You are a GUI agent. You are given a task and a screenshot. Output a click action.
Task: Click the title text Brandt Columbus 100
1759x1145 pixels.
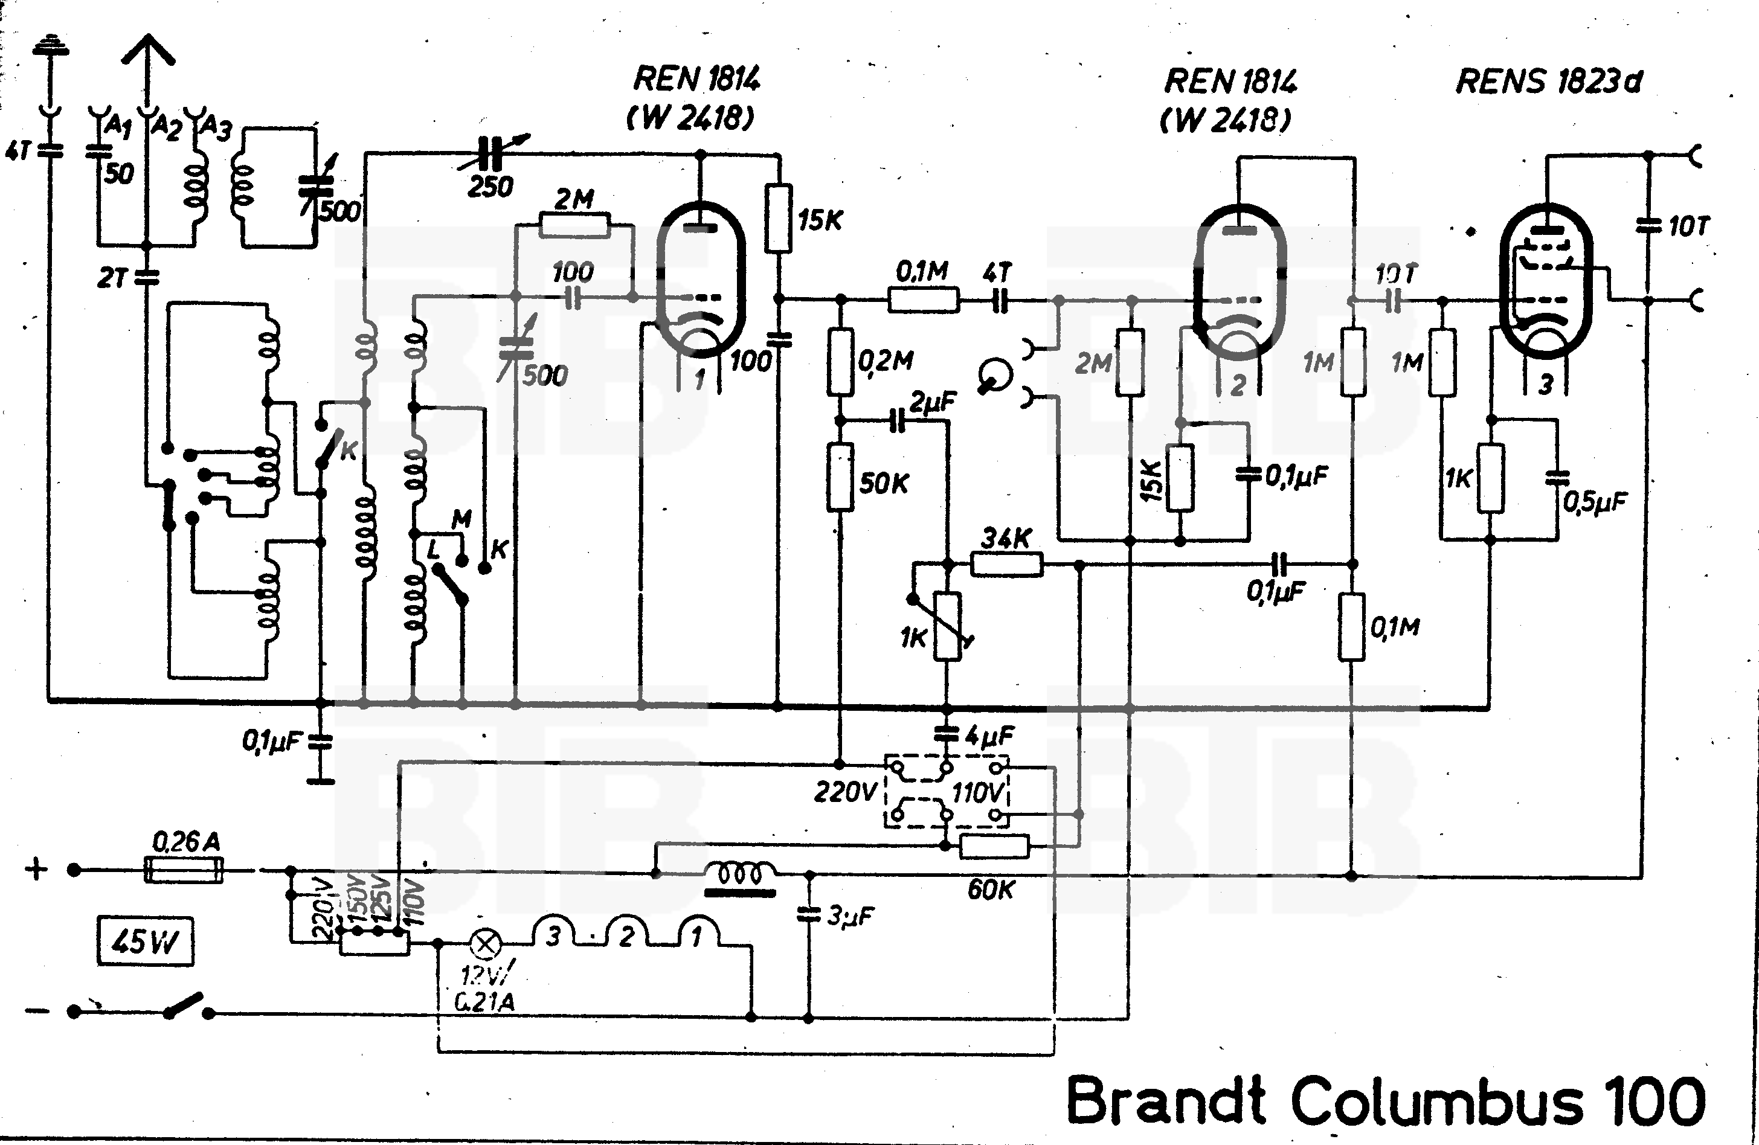click(1386, 1102)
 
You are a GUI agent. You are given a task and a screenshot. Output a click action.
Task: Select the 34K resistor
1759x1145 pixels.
click(1006, 565)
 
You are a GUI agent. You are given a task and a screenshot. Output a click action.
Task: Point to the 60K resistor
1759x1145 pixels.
click(994, 847)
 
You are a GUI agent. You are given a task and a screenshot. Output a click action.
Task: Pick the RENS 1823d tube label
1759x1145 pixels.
click(1548, 82)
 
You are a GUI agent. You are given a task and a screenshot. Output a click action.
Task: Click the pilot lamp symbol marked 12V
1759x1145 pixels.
click(486, 943)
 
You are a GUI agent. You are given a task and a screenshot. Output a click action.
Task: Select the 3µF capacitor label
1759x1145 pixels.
click(850, 916)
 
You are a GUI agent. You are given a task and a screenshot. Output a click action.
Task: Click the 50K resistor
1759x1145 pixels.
click(840, 476)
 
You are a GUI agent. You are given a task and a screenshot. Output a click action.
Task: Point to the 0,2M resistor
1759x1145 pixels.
click(840, 362)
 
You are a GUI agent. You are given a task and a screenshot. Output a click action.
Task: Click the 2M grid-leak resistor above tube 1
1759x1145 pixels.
click(574, 225)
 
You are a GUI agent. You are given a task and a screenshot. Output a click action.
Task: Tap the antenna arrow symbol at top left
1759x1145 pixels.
click(148, 56)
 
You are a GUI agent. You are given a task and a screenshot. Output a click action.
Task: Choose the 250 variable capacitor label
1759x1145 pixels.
click(490, 186)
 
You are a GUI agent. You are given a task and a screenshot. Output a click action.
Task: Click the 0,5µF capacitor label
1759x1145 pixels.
click(1594, 502)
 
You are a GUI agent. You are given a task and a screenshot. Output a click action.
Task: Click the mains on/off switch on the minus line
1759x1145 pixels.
click(185, 1006)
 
